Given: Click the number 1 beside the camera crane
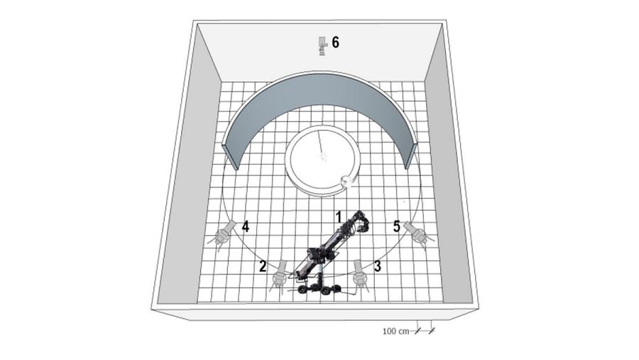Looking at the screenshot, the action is [338, 217].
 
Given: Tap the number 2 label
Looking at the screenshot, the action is [263, 266].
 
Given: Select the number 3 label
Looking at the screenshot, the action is [378, 266].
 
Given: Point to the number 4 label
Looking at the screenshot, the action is [246, 227].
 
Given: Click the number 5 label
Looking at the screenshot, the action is [397, 227].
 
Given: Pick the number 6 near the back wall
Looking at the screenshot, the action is [335, 42].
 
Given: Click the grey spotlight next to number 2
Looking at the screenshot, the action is [279, 276].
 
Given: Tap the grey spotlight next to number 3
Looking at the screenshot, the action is [361, 276].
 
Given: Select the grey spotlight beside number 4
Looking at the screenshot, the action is [222, 236].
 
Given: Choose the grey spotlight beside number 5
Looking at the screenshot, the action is [418, 234].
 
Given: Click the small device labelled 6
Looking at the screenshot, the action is [322, 46].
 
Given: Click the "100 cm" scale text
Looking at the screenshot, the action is [395, 331].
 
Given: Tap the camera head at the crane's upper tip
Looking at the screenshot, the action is [361, 222].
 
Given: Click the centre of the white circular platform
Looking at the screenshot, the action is [322, 158].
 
